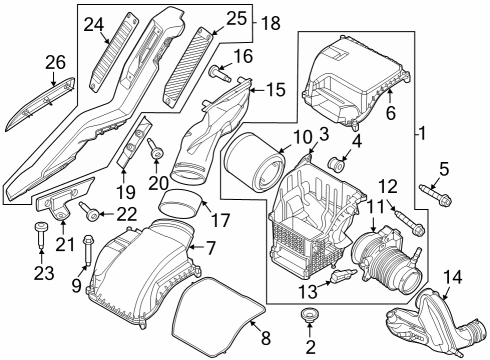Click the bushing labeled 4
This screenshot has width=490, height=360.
(x=338, y=162)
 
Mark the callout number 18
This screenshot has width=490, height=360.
(x=270, y=22)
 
